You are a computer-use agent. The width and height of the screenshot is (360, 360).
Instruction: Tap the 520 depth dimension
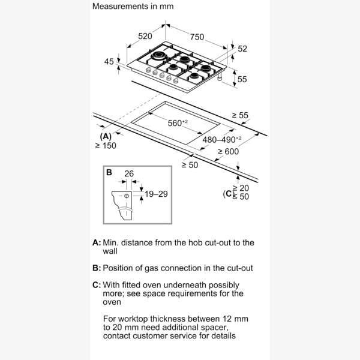(x=145, y=37)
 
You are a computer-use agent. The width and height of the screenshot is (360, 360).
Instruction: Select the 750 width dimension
(x=197, y=37)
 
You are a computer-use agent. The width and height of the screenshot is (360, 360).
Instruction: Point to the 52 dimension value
(x=242, y=49)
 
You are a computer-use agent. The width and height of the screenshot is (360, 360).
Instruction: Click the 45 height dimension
(x=108, y=61)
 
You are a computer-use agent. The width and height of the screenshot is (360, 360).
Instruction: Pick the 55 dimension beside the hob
(x=242, y=79)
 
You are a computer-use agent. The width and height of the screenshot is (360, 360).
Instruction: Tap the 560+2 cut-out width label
(x=178, y=123)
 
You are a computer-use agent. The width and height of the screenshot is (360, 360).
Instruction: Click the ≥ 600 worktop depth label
(x=228, y=152)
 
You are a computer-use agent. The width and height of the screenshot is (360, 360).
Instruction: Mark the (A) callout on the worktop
(x=105, y=136)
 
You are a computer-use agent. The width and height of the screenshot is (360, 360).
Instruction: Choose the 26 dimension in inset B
(x=128, y=174)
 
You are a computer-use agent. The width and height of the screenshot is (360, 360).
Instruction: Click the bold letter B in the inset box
(x=109, y=172)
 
